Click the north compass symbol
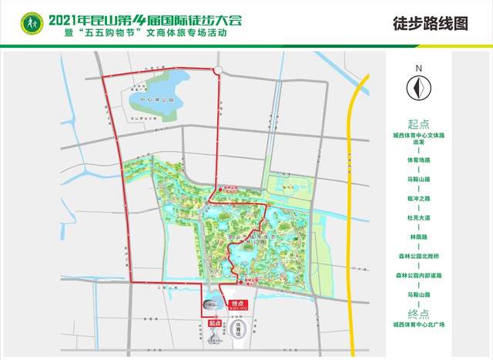tap(418, 90)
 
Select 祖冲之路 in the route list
tap(418, 200)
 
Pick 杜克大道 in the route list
tap(418, 218)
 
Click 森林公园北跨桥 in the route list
tap(418, 257)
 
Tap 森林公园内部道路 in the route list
tap(418, 275)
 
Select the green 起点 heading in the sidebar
tap(418, 123)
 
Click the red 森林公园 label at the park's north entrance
tap(223, 187)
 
